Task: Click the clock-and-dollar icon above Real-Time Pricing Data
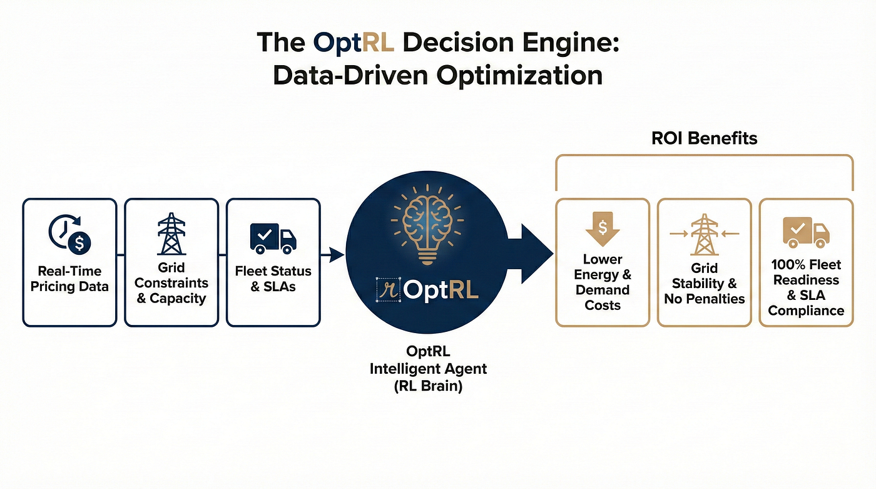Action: tap(69, 234)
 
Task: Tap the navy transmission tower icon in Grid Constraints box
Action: tap(171, 234)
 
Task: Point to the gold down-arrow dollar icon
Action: tap(603, 229)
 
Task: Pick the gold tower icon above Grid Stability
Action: tap(705, 234)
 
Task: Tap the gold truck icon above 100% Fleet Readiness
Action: tap(806, 232)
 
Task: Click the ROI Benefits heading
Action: tap(705, 138)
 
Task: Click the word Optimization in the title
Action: tap(519, 76)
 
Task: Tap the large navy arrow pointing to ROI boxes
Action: tap(530, 254)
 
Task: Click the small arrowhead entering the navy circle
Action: tap(337, 255)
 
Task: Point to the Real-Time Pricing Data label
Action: tap(69, 279)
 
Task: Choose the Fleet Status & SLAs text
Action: tap(273, 279)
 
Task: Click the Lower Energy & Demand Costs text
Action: tap(603, 282)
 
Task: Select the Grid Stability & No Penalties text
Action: tap(705, 283)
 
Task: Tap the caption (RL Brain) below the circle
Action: tap(428, 386)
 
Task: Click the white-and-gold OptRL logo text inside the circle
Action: tap(441, 291)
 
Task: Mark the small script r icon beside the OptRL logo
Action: tap(389, 290)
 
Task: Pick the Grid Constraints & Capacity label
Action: tap(171, 283)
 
